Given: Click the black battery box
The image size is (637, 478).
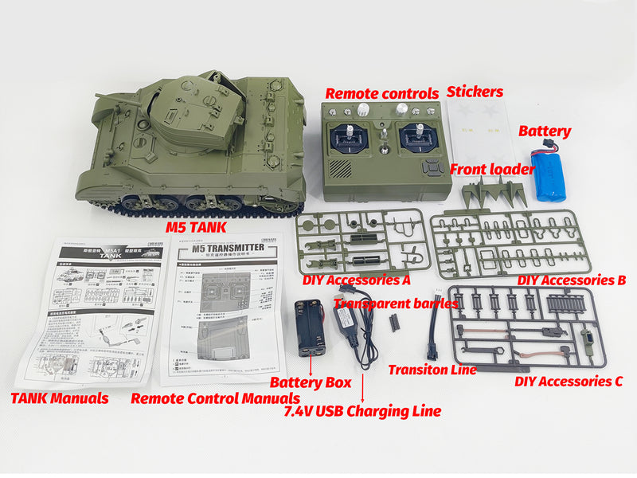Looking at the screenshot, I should tap(308, 327).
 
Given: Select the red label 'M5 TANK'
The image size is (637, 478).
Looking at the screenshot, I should tap(196, 227).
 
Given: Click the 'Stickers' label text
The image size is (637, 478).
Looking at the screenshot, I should tap(475, 92).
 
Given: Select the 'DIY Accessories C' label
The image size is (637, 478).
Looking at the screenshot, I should tap(569, 382).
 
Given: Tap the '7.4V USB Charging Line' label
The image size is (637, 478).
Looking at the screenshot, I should tap(362, 411).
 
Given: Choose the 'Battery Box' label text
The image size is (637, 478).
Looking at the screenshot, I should tap(316, 382).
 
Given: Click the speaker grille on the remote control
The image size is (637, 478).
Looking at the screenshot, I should tap(340, 170).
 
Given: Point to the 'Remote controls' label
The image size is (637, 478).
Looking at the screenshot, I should tap(381, 92).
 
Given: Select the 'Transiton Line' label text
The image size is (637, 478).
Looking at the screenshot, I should tap(432, 369).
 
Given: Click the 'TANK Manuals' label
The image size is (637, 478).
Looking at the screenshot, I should tap(60, 397).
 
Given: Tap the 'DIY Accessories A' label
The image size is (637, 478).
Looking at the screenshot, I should tap(357, 280).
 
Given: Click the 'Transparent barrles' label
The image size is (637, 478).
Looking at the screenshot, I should tap(396, 303).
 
